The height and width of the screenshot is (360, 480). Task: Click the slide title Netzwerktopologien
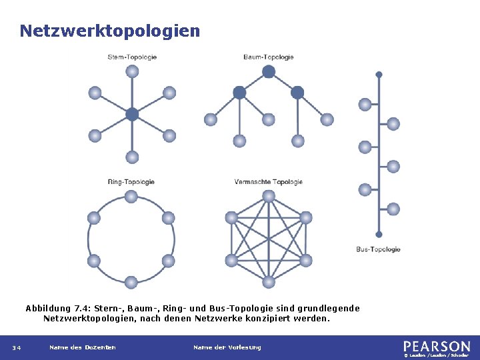point(109,31)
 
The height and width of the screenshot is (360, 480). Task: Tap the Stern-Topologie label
point(132,57)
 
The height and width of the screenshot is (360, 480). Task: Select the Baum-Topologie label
point(268,57)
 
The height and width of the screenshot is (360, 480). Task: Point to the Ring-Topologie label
point(131,182)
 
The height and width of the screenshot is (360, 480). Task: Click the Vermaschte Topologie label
point(268,182)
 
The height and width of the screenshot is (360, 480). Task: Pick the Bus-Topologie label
point(378,249)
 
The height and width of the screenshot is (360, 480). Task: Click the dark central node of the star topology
point(132,114)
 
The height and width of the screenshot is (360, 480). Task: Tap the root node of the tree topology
point(268,71)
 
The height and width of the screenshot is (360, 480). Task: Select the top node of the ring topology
point(131,196)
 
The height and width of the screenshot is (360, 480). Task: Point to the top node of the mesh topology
point(268,196)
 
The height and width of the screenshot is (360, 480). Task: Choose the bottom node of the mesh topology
point(268,282)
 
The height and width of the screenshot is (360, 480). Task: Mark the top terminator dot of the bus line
point(379,75)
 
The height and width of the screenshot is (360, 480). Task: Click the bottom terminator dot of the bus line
point(379,235)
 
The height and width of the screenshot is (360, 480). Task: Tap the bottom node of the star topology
point(132,157)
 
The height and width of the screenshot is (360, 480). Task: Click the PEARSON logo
point(436,346)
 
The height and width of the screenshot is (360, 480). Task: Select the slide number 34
point(16,347)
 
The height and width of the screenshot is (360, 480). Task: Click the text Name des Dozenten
point(83,347)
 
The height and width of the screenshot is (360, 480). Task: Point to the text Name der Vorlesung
point(227,347)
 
